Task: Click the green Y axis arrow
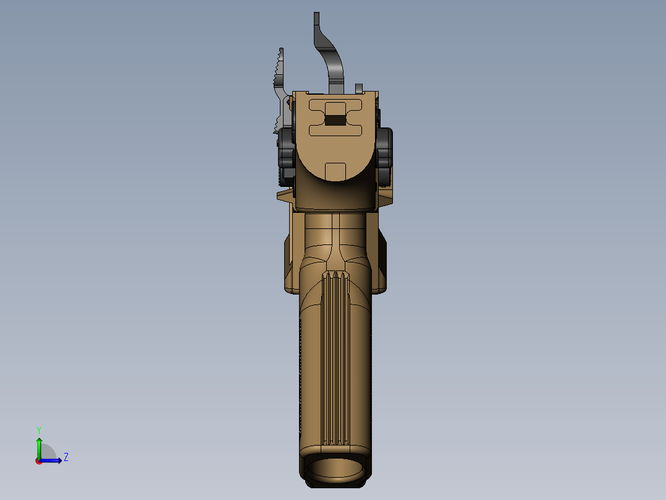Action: (x=39, y=446)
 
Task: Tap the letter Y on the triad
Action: (x=39, y=429)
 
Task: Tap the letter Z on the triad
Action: (x=65, y=457)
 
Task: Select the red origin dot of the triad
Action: (x=38, y=460)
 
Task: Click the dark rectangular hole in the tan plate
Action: (x=335, y=120)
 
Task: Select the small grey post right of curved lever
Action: (x=358, y=88)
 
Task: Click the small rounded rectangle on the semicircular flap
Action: (x=335, y=170)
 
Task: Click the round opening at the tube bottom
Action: (x=335, y=468)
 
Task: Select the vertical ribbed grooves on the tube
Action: (x=335, y=359)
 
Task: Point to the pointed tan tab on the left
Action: (x=284, y=196)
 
